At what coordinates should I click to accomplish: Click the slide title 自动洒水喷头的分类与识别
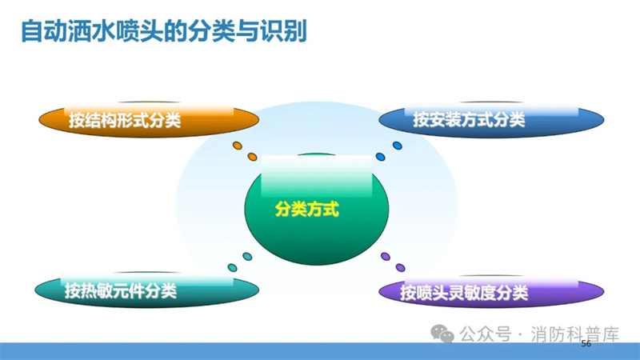[164, 31]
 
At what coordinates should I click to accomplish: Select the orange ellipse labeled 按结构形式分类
[149, 120]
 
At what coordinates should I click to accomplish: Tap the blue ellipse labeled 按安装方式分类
[491, 119]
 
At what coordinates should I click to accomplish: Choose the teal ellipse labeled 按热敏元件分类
[146, 290]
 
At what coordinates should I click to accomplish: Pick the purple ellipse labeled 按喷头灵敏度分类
[491, 291]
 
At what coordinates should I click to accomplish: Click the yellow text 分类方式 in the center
[306, 209]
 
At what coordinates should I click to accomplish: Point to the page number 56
[586, 344]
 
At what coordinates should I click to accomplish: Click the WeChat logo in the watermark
[442, 334]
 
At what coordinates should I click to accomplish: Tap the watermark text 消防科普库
[575, 334]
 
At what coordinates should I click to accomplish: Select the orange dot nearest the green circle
[252, 157]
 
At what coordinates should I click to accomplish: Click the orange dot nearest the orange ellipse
[237, 146]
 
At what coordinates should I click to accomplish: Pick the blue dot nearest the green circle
[380, 157]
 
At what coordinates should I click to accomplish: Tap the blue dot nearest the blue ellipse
[397, 146]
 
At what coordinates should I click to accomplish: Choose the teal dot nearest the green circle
[247, 256]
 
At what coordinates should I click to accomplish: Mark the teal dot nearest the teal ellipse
[232, 268]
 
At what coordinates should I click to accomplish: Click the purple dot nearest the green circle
[386, 256]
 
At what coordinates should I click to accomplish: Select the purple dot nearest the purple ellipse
[401, 268]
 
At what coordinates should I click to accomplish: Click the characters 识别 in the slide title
[284, 31]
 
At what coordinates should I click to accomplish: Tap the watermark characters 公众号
[486, 334]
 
